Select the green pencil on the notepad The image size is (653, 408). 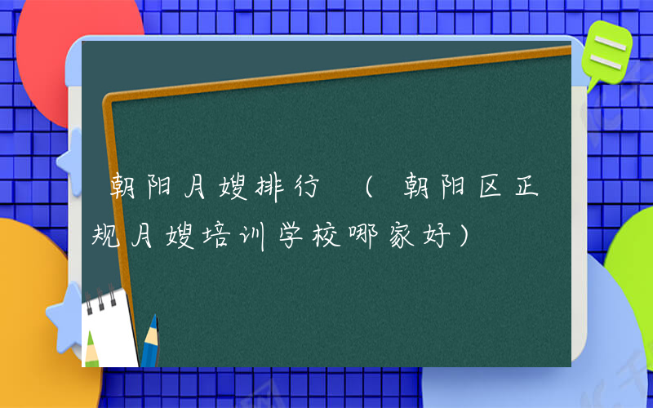tap(91, 343)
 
